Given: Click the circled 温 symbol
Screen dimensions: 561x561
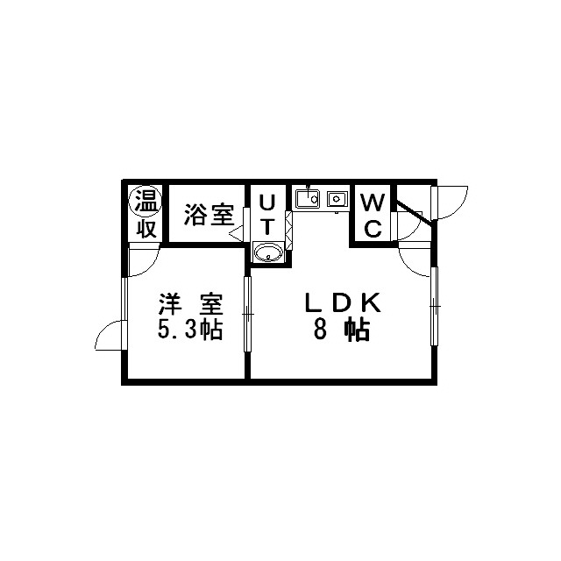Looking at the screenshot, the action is coord(146,202).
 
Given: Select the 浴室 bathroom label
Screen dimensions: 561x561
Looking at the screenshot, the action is coord(209,215).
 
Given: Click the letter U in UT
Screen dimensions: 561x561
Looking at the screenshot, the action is coord(267,203).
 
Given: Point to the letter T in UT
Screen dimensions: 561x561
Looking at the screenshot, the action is coord(267,226).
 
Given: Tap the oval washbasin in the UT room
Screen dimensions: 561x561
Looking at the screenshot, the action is coord(268,252).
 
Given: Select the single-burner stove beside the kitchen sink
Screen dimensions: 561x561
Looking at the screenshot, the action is coord(337,198).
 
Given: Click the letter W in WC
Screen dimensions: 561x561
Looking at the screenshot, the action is coord(373,202).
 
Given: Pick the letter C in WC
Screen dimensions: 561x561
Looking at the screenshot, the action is coord(373,229).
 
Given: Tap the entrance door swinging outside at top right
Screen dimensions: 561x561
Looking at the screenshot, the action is coord(450,202).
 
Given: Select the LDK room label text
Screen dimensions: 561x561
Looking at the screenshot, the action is coord(342,303).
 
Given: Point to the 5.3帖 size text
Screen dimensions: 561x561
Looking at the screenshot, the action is coord(191,330).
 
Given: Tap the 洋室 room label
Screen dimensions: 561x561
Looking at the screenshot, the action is coord(191,304).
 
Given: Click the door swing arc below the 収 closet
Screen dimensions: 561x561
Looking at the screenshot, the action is coord(143,260).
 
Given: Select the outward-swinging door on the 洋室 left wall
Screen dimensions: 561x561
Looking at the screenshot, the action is coord(110,335).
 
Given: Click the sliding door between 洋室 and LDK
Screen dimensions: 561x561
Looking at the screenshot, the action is coord(247,314).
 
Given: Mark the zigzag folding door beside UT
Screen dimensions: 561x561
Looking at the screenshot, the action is coord(289,231).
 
